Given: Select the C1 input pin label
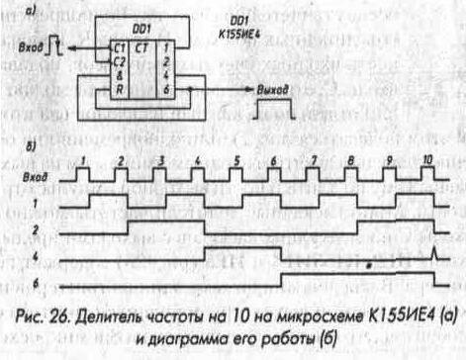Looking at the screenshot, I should [119, 46].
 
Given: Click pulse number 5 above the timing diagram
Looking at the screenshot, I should [236, 159].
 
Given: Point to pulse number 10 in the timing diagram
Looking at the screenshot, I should [426, 159].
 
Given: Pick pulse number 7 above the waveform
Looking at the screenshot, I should [313, 159].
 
